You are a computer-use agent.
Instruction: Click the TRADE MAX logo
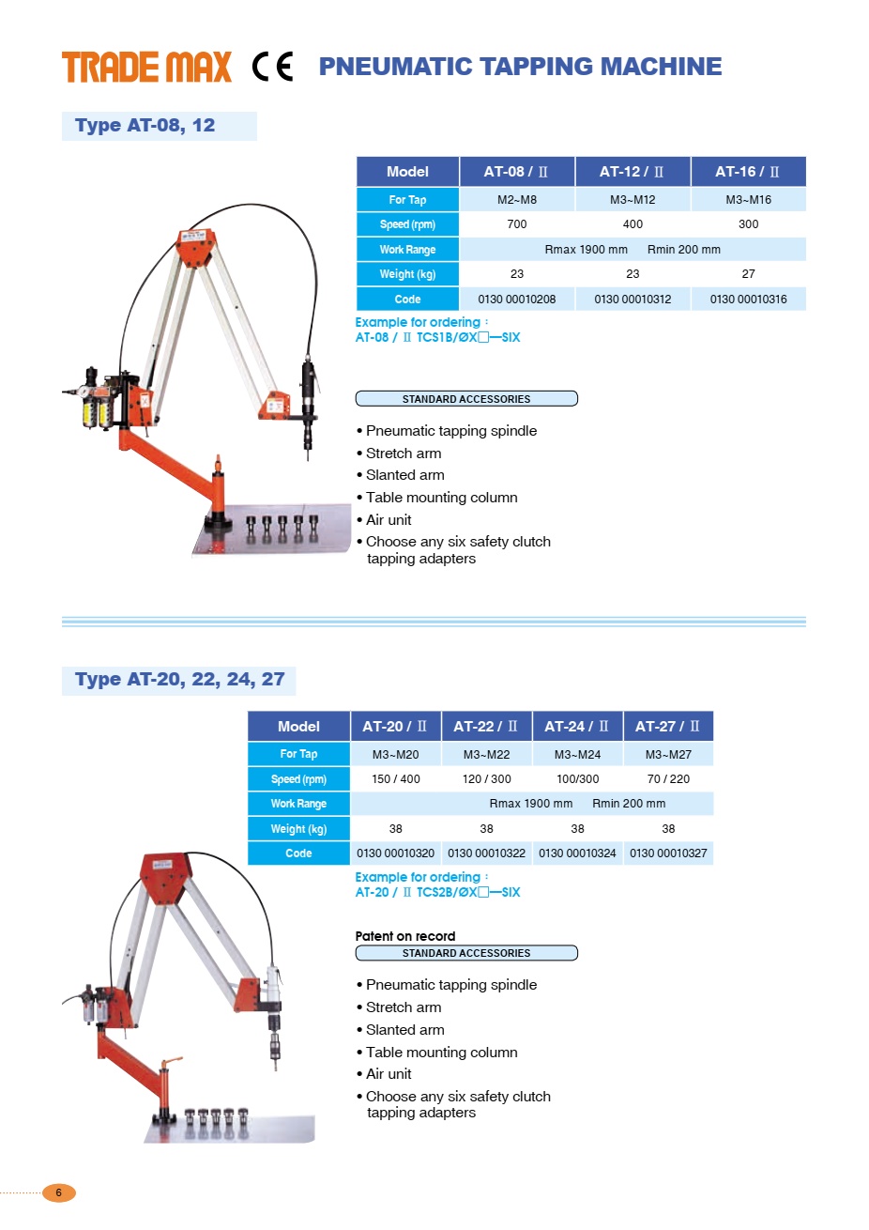[x=146, y=67]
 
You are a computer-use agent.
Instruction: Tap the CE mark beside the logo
[x=273, y=67]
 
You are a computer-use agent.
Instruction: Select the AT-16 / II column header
[x=748, y=172]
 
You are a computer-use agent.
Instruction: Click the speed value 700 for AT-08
[x=517, y=224]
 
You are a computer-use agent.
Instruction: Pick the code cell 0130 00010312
[x=633, y=300]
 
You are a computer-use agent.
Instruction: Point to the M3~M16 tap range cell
[x=748, y=200]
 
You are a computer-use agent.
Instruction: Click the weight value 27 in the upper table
[x=748, y=274]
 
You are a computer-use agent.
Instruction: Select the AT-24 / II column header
[x=577, y=727]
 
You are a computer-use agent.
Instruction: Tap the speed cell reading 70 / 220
[x=668, y=779]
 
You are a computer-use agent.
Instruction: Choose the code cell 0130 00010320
[x=395, y=853]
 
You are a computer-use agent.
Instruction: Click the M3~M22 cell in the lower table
[x=486, y=755]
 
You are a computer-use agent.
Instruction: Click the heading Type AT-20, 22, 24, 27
[x=179, y=680]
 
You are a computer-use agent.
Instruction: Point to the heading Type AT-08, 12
[x=145, y=126]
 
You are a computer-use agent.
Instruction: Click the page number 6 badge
[x=59, y=1192]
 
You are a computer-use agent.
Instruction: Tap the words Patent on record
[x=405, y=936]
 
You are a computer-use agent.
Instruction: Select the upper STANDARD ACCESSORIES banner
[x=466, y=399]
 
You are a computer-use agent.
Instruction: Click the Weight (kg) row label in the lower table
[x=298, y=829]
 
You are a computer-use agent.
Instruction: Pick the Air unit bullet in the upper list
[x=389, y=520]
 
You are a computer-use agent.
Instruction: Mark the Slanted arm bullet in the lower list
[x=404, y=1030]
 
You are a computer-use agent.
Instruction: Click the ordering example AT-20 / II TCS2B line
[x=437, y=893]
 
